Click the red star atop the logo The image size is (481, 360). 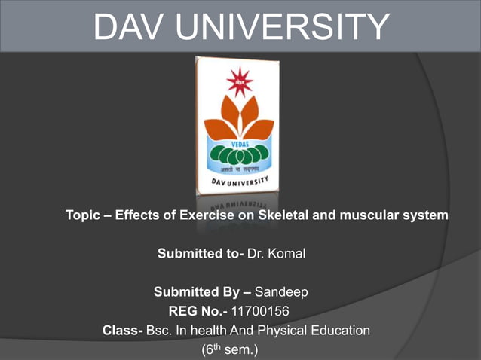(x=240, y=81)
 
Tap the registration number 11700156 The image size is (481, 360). (x=260, y=310)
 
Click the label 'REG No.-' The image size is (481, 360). (x=198, y=310)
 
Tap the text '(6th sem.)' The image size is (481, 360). (x=230, y=349)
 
